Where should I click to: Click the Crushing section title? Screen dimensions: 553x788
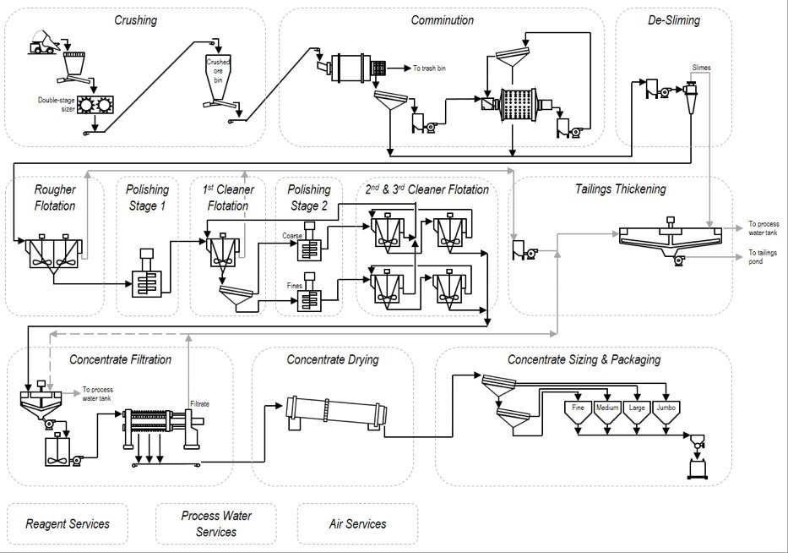135,20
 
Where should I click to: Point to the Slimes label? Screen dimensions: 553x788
701,67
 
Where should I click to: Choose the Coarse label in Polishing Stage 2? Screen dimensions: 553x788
291,235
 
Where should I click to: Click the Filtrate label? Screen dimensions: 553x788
199,404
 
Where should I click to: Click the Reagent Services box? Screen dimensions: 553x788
68,524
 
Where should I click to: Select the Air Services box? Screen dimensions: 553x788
357,524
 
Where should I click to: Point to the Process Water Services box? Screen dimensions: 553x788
216,524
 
